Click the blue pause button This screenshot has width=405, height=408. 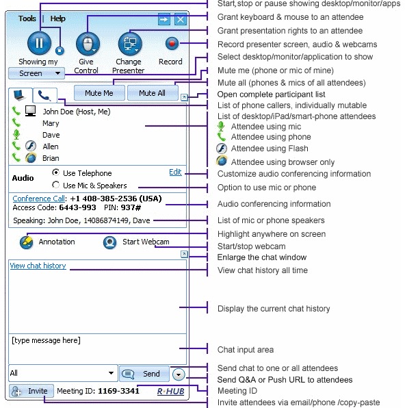pos(39,43)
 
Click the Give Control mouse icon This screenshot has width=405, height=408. pos(88,44)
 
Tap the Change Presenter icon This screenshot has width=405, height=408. pos(130,44)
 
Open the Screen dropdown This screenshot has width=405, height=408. pos(36,73)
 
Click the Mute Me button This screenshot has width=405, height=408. pos(99,93)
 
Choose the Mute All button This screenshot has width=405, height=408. pos(153,93)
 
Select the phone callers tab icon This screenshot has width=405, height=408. pos(44,95)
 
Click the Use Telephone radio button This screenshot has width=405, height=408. pos(55,173)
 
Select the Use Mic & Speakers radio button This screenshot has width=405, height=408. pos(55,185)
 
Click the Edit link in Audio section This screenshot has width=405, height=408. pos(175,172)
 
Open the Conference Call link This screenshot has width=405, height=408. pos(38,199)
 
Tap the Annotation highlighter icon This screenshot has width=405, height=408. pos(26,242)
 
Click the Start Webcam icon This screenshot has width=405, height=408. pos(109,242)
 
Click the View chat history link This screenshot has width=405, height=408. pos(38,266)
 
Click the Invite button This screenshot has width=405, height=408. pos(31,391)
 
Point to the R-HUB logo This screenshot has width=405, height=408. pos(170,392)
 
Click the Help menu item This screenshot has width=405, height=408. pos(57,18)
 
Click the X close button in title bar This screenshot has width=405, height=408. pos(181,20)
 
